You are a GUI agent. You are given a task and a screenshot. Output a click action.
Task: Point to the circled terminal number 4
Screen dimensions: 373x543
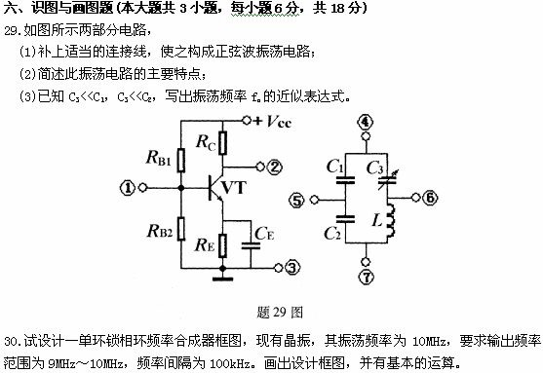point(366,122)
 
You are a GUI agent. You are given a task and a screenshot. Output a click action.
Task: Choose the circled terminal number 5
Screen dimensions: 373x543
point(298,201)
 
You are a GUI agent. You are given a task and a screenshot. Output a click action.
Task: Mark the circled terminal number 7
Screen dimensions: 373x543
point(366,279)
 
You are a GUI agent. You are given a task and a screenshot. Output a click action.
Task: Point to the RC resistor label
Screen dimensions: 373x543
point(206,142)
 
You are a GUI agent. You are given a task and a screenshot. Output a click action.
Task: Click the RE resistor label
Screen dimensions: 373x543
point(206,245)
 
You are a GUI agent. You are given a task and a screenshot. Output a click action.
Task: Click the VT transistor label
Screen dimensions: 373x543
point(235,186)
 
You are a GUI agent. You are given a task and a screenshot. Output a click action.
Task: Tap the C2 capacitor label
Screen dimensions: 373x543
point(332,234)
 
